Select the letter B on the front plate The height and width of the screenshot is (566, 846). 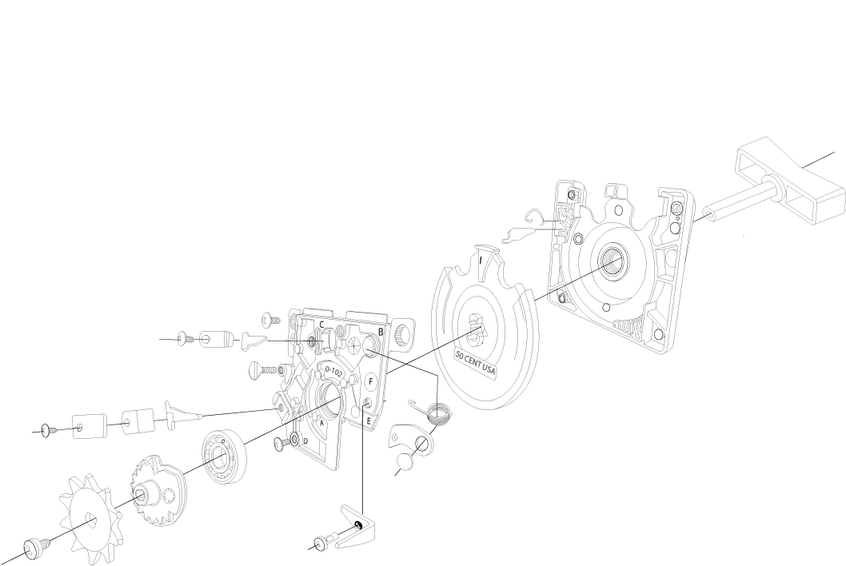point(381,331)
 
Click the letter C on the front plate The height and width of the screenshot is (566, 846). point(321,324)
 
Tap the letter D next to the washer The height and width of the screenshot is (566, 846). point(305,441)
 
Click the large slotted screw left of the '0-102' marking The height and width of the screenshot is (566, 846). point(267,369)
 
